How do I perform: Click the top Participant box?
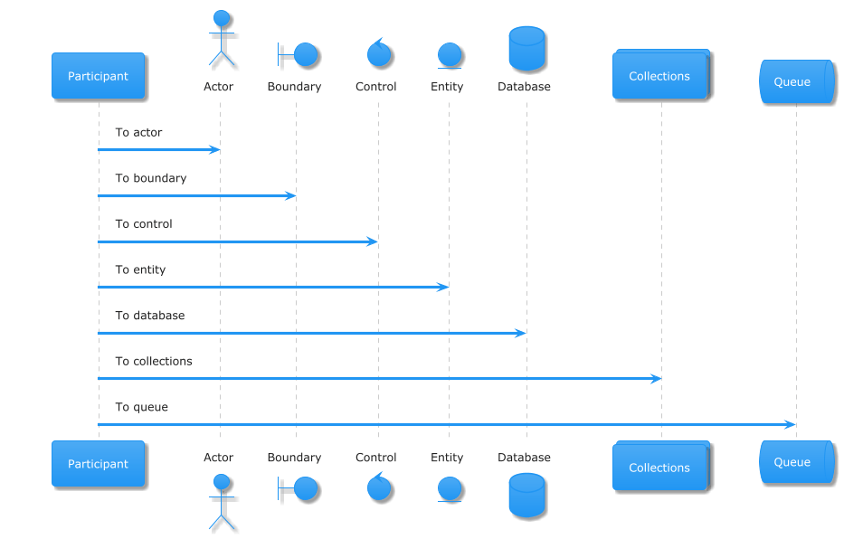(x=98, y=76)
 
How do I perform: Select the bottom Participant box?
(x=98, y=464)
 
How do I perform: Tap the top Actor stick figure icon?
(x=222, y=39)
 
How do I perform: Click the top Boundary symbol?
(x=299, y=54)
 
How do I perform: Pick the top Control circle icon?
(x=379, y=53)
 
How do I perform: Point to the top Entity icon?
(x=450, y=56)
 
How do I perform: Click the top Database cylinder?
(x=527, y=49)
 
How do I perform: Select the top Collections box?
(x=661, y=74)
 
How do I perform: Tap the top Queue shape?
(x=797, y=81)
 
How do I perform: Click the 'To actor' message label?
(x=138, y=132)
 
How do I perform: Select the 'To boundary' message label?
(x=151, y=178)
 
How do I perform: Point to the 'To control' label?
(x=144, y=223)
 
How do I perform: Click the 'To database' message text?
(x=149, y=316)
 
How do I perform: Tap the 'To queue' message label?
(x=141, y=407)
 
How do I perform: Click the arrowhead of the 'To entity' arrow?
(x=443, y=288)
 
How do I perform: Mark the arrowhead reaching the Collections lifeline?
(x=656, y=379)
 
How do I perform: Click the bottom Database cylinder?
(x=527, y=495)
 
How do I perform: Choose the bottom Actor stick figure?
(x=222, y=503)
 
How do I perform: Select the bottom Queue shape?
(x=797, y=461)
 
